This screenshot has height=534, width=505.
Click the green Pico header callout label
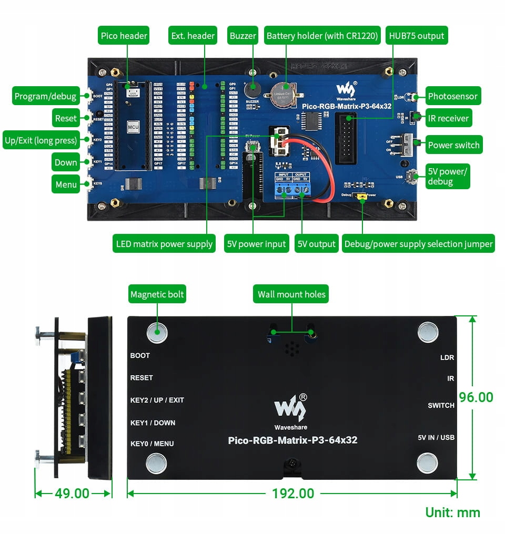124,36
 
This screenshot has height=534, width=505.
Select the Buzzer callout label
243,36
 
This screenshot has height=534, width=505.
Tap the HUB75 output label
416,36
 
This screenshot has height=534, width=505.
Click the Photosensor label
452,96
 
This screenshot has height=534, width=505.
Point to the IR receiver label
448,118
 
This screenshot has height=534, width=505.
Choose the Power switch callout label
453,145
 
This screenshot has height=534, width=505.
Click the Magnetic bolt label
157,294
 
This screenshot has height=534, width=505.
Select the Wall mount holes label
291,294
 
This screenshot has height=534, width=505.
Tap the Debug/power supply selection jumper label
418,244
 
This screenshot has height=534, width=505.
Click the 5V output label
316,244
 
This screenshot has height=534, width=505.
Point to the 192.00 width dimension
292,494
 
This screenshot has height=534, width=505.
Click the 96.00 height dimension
476,397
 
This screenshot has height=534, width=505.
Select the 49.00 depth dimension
72,494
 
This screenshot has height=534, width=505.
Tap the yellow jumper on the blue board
362,198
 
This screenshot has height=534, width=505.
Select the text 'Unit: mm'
452,512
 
